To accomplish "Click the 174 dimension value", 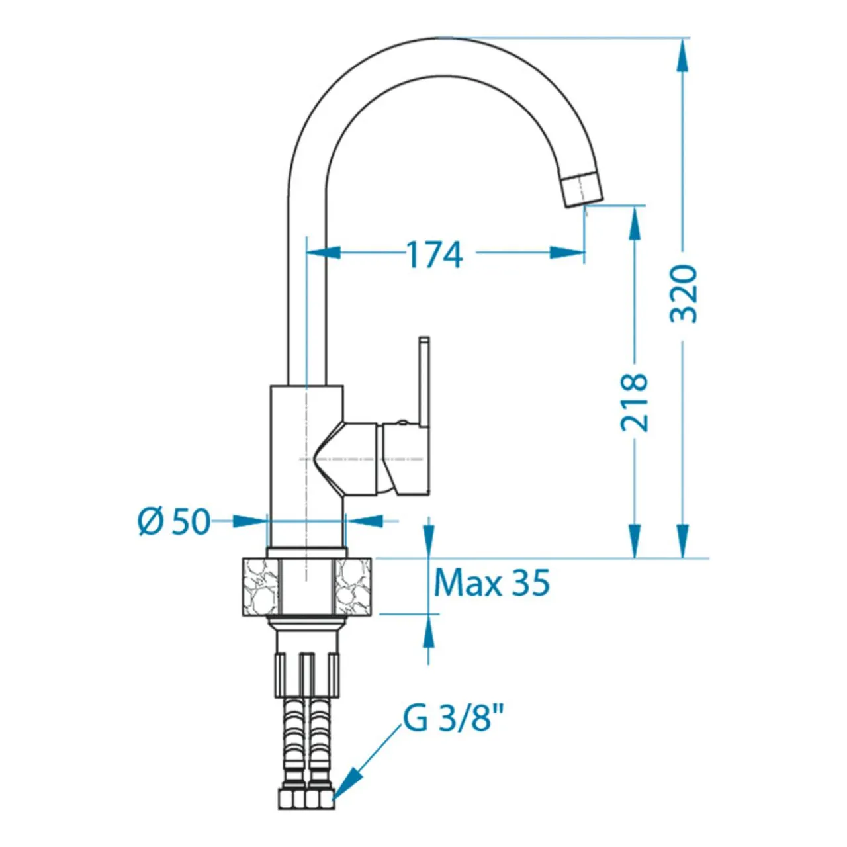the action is click(x=434, y=255).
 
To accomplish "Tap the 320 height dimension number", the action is click(x=684, y=294).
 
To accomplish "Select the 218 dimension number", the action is click(x=635, y=402).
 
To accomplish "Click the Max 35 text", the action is click(x=492, y=582).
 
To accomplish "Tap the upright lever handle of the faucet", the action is click(x=423, y=383).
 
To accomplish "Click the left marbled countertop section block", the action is click(x=260, y=586).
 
